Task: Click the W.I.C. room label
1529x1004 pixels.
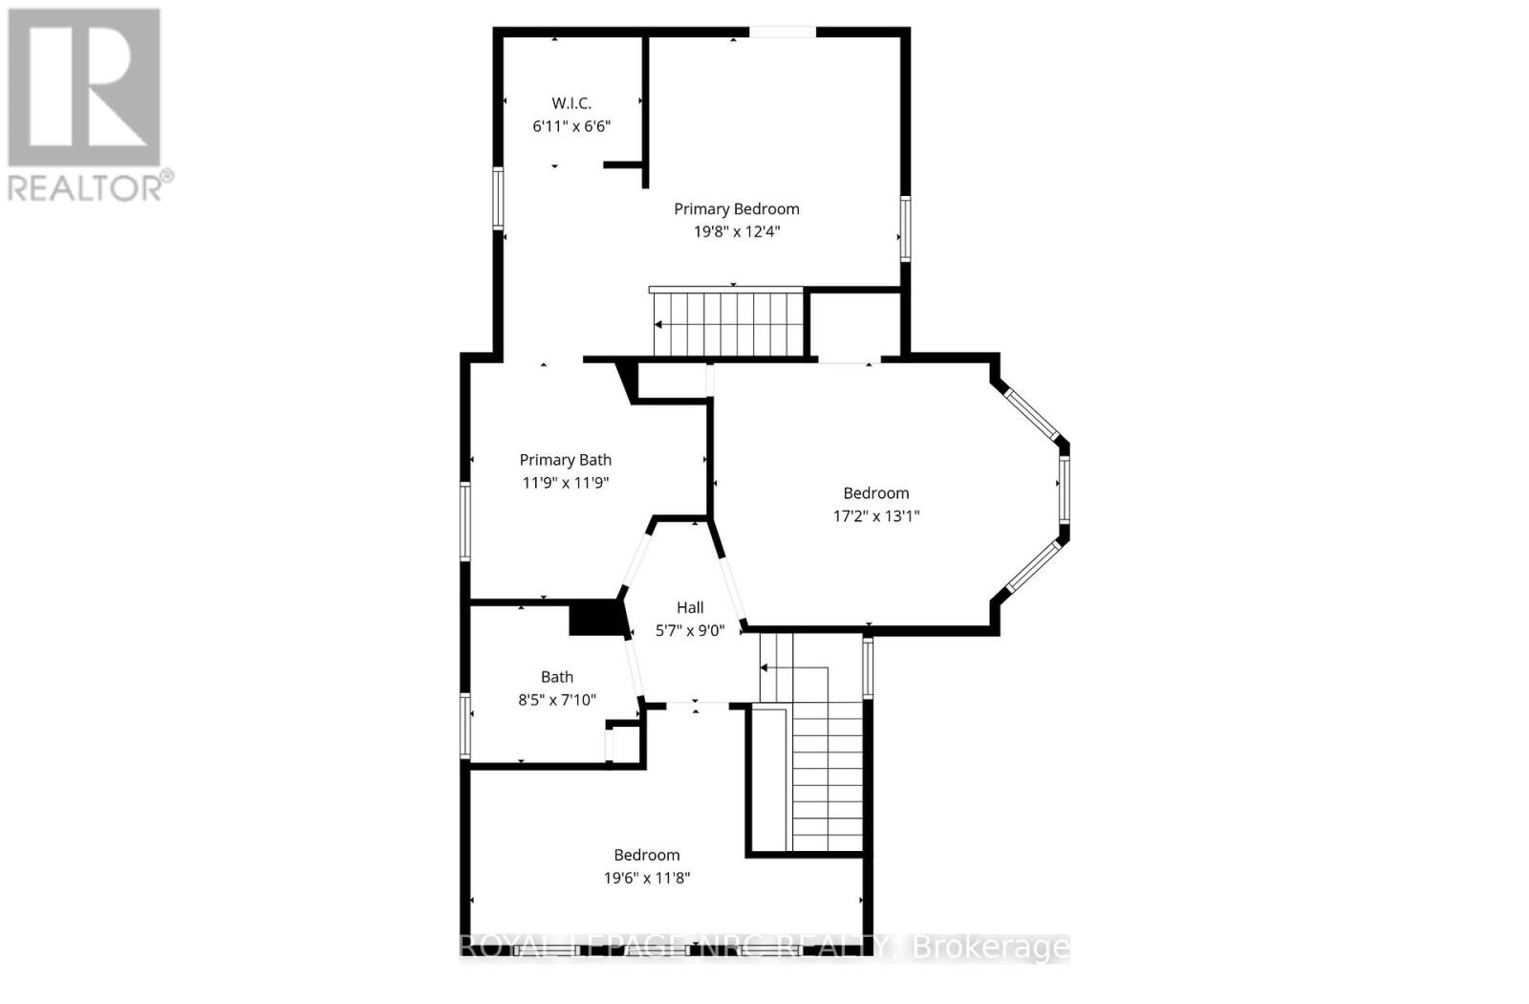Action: pos(571,103)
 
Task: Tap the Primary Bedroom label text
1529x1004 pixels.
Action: pos(736,209)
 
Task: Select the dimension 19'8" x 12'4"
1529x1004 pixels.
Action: pos(736,231)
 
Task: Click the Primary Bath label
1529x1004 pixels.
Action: pos(565,460)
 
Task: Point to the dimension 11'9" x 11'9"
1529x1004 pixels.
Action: pos(565,483)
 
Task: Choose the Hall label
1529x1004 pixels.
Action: pos(690,607)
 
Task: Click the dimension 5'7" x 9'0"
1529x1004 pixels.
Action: pos(690,630)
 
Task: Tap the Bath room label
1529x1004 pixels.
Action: pos(556,677)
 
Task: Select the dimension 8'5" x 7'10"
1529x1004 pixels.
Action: pos(556,700)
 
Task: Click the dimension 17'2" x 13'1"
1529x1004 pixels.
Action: pos(875,516)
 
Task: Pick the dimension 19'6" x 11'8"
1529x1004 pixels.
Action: pos(646,878)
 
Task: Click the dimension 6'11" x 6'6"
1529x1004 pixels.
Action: pos(571,126)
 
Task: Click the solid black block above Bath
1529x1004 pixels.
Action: pos(595,618)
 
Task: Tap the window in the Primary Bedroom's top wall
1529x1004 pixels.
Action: pos(782,33)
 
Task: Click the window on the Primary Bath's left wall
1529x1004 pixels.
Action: pos(465,521)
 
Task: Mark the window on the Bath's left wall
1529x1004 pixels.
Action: pos(465,725)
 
